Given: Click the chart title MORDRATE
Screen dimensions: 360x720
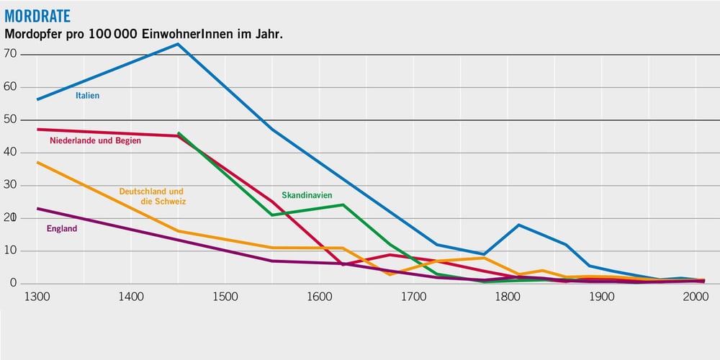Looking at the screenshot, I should click(37, 15).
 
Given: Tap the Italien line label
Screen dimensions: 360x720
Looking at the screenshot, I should click(87, 95).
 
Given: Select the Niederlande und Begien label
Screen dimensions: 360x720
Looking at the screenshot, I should click(95, 140).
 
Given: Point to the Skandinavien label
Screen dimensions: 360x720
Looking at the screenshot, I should click(307, 195).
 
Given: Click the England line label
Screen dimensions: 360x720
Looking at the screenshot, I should click(61, 229).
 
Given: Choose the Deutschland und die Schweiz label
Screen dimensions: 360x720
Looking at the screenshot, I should click(152, 197).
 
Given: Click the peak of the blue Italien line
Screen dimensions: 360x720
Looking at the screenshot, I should click(177, 44).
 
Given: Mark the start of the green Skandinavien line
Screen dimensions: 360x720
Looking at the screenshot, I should click(178, 133).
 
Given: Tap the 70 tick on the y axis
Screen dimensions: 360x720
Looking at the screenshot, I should click(10, 54).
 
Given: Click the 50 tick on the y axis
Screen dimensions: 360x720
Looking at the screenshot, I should click(10, 120).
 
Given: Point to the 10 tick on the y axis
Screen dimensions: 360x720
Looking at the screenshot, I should click(10, 251).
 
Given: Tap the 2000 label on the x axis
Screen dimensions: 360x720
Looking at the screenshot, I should click(696, 297).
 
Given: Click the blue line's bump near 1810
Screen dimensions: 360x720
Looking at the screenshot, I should click(518, 225).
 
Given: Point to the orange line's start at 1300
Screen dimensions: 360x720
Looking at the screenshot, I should click(37, 162).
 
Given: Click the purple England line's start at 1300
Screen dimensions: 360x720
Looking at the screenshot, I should click(37, 208).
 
